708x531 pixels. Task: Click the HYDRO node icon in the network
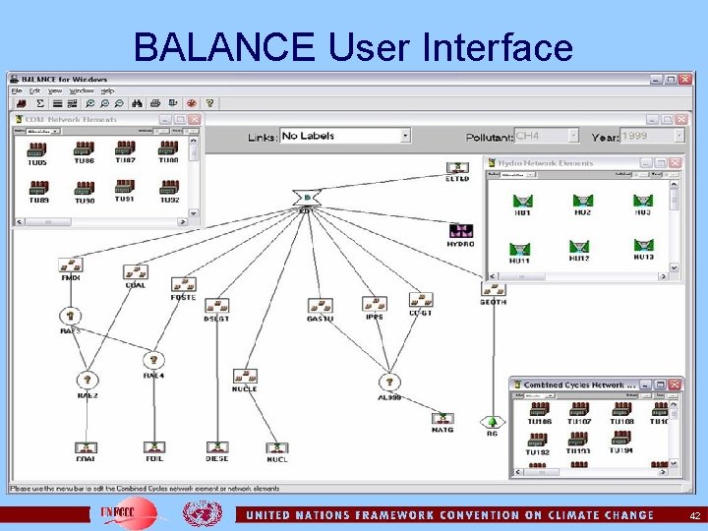460,231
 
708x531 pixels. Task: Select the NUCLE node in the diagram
245,376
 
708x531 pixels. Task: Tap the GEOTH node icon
493,289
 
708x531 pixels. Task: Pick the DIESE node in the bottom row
216,447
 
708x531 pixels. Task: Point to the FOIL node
152,447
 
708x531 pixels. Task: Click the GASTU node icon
321,306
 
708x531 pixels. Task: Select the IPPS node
374,305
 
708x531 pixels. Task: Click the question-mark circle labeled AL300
389,382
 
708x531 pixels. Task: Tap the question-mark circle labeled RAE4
153,361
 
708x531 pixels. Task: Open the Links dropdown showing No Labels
344,136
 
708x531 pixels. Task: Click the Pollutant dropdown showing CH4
547,136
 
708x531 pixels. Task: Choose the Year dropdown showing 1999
651,136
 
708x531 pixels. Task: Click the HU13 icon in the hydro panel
643,245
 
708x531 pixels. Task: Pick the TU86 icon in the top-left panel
84,149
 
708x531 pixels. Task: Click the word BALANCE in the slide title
225,46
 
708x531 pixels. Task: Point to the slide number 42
694,515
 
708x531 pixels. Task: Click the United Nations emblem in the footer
203,513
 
